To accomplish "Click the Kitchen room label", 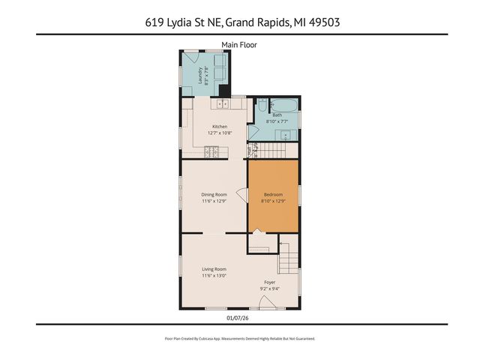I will click(x=219, y=127).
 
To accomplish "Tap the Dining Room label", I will click(x=214, y=194).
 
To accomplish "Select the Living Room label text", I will click(x=214, y=268).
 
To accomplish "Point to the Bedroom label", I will click(x=273, y=194).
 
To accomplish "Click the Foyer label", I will click(x=269, y=283).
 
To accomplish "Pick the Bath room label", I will click(x=277, y=115).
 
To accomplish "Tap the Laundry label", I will click(x=200, y=75).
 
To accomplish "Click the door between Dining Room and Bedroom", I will click(x=242, y=194).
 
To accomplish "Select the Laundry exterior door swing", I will click(x=190, y=57).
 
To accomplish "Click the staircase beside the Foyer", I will click(x=289, y=259).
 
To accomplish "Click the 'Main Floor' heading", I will click(x=239, y=45).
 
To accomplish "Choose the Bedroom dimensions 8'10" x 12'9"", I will click(x=273, y=201).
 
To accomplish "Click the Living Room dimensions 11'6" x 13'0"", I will click(x=214, y=275).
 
